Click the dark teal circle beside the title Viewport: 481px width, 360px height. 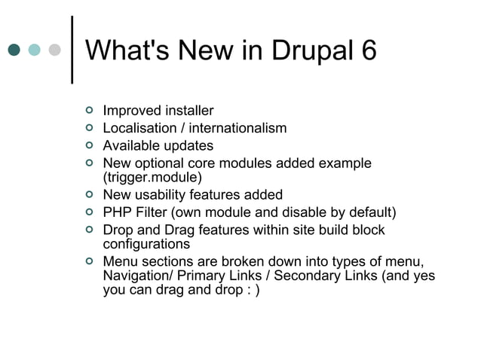pyautogui.click(x=14, y=50)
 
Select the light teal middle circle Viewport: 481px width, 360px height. pyautogui.click(x=34, y=50)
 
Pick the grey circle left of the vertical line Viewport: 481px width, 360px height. pyautogui.click(x=54, y=50)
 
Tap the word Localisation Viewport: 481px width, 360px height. pyautogui.click(x=138, y=129)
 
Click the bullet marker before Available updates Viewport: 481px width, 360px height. pyautogui.click(x=89, y=146)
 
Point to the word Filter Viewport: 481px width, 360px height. pyautogui.click(x=152, y=212)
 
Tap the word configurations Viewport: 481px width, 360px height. pyautogui.click(x=146, y=244)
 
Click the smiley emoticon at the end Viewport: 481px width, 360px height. pyautogui.click(x=254, y=292)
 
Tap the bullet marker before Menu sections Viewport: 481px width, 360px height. pyautogui.click(x=89, y=261)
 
